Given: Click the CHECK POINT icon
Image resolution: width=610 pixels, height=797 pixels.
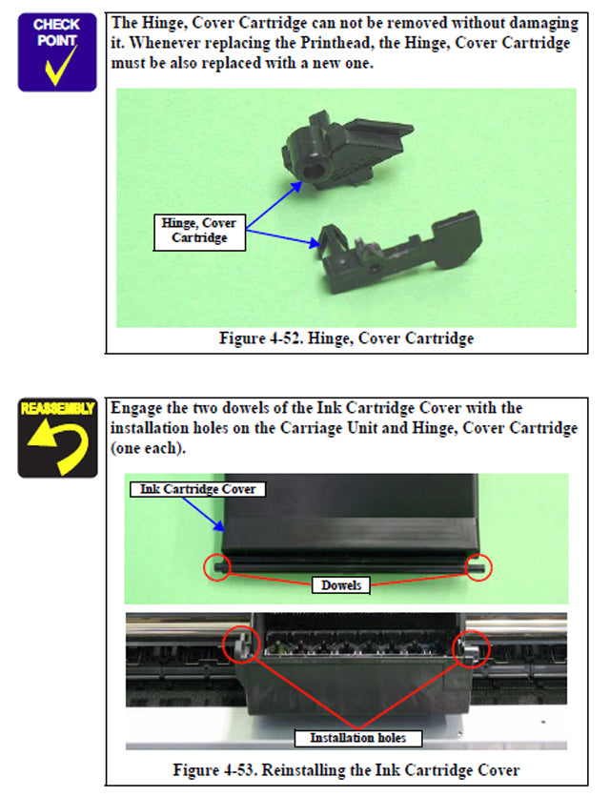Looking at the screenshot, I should pyautogui.click(x=57, y=51).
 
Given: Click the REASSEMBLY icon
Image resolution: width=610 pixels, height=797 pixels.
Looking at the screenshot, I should pyautogui.click(x=57, y=438).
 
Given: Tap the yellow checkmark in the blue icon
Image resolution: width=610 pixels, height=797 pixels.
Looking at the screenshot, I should pyautogui.click(x=59, y=67).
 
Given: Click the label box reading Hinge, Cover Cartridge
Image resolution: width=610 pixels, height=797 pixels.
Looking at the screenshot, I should pyautogui.click(x=199, y=231).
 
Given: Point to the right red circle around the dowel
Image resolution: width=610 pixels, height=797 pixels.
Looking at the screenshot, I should pyautogui.click(x=477, y=567).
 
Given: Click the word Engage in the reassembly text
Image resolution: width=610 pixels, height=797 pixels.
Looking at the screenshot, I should pyautogui.click(x=138, y=408).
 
